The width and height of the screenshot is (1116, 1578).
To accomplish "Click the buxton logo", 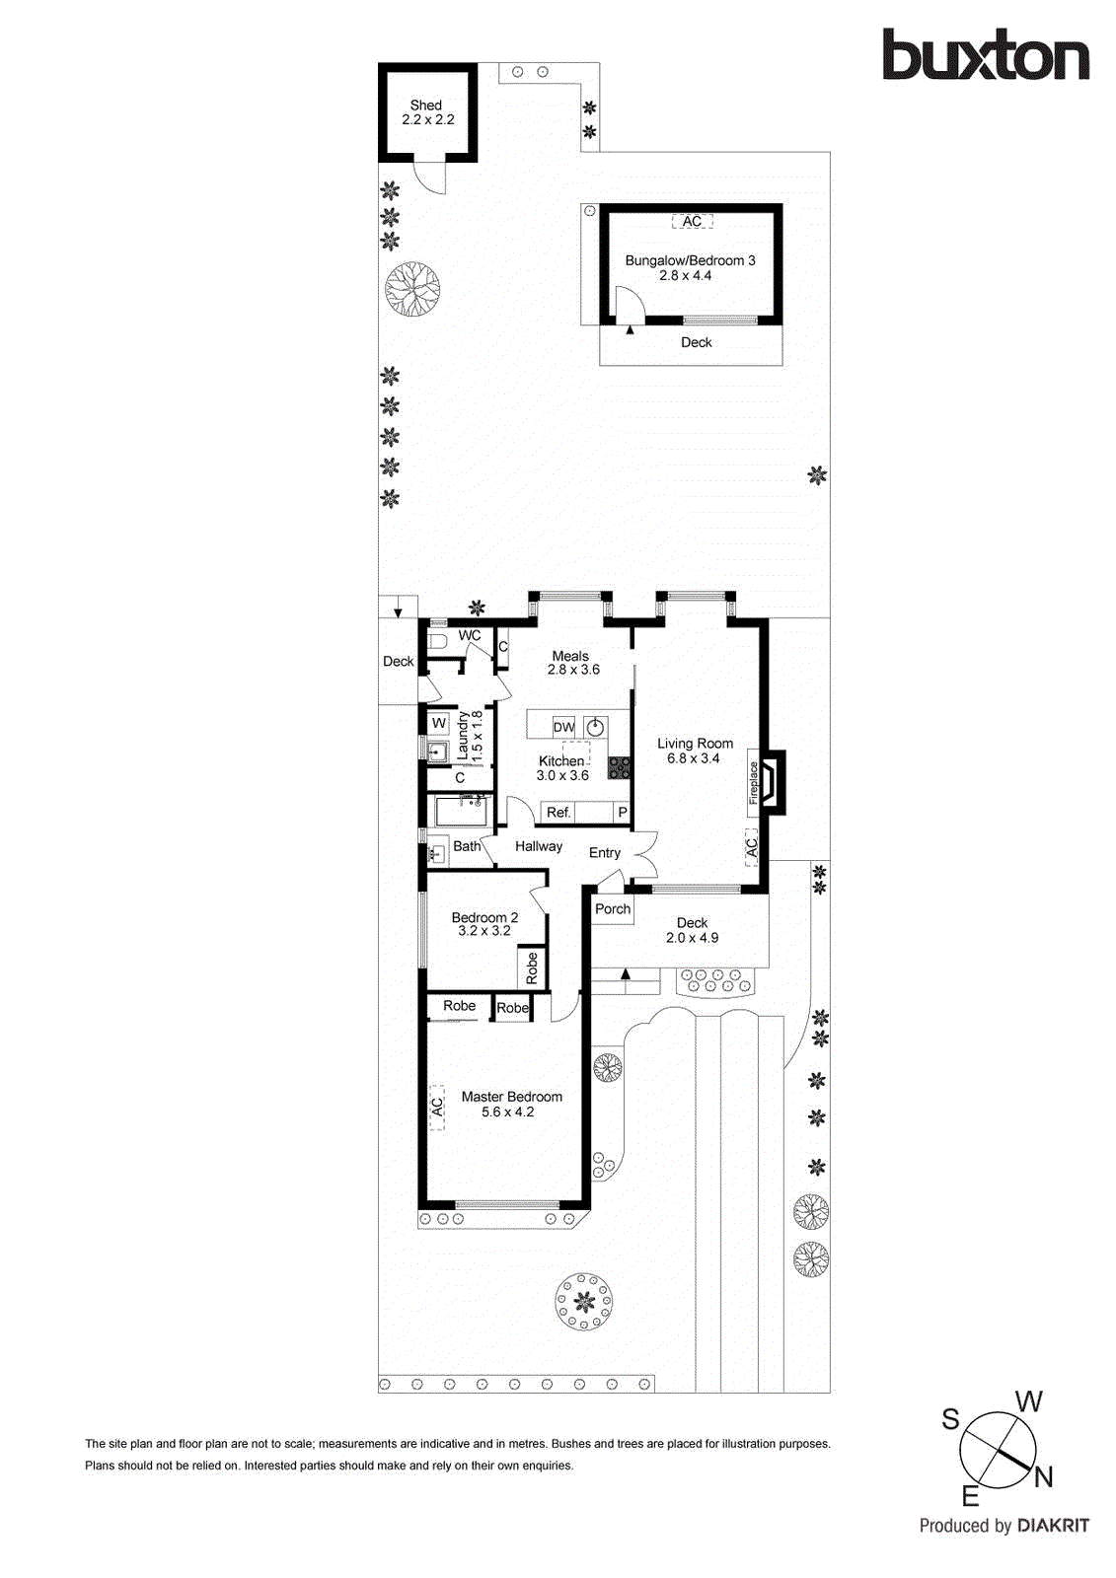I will click(x=985, y=55).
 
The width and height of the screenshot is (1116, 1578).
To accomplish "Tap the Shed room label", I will click(x=426, y=105).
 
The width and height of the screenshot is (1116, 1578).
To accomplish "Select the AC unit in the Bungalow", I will click(x=692, y=221).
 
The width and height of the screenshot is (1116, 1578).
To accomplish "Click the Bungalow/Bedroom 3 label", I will click(x=690, y=260).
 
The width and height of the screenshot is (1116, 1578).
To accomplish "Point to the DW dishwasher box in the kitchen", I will click(x=563, y=727).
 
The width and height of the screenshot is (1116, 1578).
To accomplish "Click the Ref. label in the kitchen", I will click(x=558, y=812).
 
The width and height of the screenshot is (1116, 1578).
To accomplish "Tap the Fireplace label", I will click(x=754, y=782).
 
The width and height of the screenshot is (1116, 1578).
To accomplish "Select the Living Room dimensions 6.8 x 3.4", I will click(x=694, y=758).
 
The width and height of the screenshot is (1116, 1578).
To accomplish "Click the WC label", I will click(x=470, y=635).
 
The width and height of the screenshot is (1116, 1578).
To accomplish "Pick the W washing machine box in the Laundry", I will click(x=439, y=723).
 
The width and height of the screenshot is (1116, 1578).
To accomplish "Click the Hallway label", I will click(x=539, y=846).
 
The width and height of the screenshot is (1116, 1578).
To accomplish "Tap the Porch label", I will click(x=613, y=908).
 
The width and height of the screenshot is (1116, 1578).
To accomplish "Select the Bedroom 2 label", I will click(x=484, y=917).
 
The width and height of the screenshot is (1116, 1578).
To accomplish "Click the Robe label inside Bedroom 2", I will click(x=532, y=968).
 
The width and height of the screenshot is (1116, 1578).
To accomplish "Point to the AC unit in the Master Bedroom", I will click(x=437, y=1108).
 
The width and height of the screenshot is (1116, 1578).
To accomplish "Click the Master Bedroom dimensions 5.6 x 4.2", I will click(x=508, y=1112).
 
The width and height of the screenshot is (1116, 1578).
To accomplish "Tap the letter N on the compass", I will click(x=1044, y=1476).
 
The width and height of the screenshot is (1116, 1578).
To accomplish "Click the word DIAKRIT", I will click(x=1053, y=1526).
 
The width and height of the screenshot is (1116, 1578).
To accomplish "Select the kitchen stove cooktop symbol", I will click(x=619, y=767).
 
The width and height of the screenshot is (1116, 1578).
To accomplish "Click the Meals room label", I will click(x=570, y=656).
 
